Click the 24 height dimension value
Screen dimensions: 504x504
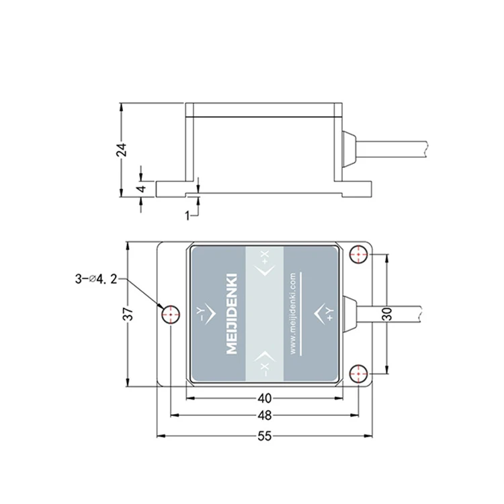coord(122,149)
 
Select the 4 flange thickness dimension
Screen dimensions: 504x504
coord(142,187)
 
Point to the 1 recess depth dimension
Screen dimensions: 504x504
coord(187,216)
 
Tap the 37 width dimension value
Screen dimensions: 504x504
coord(128,314)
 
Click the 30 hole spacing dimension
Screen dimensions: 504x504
coord(388,314)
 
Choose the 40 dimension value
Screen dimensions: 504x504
coord(265,398)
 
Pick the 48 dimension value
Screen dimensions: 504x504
coord(265,415)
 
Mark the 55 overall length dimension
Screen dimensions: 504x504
coord(265,436)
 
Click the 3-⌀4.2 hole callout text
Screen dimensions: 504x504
coord(96,279)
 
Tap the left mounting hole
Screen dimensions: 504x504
coord(170,314)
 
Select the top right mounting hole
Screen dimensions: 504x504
coord(359,254)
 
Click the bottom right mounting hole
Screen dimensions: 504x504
coord(359,374)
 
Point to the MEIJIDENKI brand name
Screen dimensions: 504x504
coord(232,314)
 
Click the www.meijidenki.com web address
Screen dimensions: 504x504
coord(293,314)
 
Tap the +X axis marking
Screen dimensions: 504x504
coord(264,264)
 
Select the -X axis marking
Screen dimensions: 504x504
coord(264,364)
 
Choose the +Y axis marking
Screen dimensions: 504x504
coord(324,314)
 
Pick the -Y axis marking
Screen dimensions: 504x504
coord(206,314)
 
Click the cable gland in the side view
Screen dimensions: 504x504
coord(349,149)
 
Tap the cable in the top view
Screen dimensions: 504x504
coord(388,314)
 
